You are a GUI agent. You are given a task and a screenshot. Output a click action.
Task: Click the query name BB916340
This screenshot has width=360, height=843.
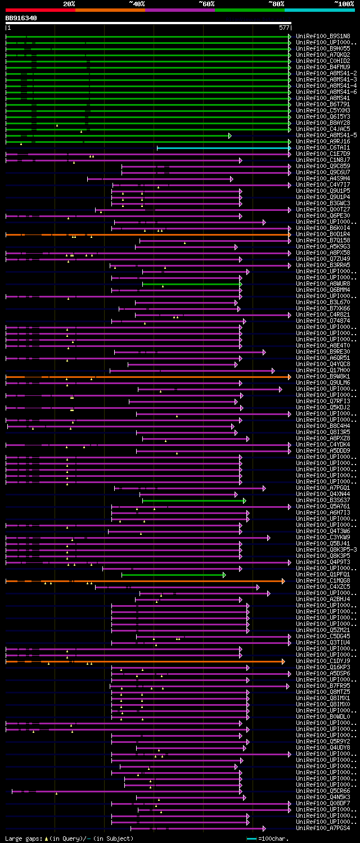[x=21, y=18]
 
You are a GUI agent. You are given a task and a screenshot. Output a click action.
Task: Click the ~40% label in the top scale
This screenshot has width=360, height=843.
[x=137, y=3]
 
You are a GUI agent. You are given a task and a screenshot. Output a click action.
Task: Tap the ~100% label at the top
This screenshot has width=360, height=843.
[x=344, y=3]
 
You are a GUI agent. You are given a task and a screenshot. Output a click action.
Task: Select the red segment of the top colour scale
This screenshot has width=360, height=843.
[x=40, y=10]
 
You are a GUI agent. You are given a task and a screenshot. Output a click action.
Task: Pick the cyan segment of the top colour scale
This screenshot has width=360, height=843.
[x=319, y=10]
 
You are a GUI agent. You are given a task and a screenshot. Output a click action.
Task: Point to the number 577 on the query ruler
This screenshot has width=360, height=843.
[x=283, y=27]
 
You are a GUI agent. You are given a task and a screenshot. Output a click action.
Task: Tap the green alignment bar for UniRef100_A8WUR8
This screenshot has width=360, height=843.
[x=191, y=284]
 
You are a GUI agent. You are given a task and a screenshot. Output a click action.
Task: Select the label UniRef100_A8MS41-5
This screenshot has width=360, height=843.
[x=326, y=136]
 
